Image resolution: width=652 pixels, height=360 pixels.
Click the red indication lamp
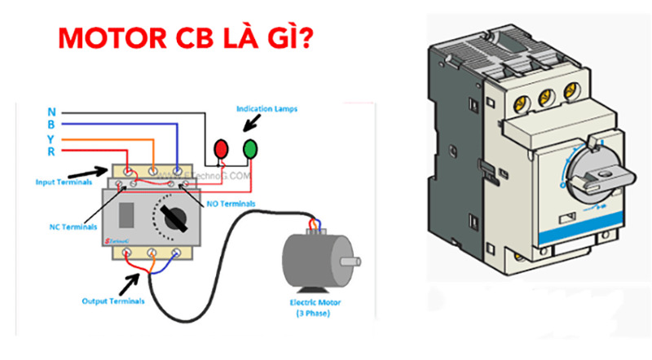tap(220, 148)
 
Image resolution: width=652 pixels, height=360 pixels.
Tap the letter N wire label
tap(51, 112)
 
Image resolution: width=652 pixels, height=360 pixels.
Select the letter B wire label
tap(51, 125)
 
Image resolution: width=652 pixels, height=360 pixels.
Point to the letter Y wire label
tap(51, 138)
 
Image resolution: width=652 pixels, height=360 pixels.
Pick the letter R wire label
tap(51, 151)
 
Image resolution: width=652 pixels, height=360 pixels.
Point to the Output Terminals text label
tap(113, 301)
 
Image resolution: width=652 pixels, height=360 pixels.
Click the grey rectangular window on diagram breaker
tap(127, 215)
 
